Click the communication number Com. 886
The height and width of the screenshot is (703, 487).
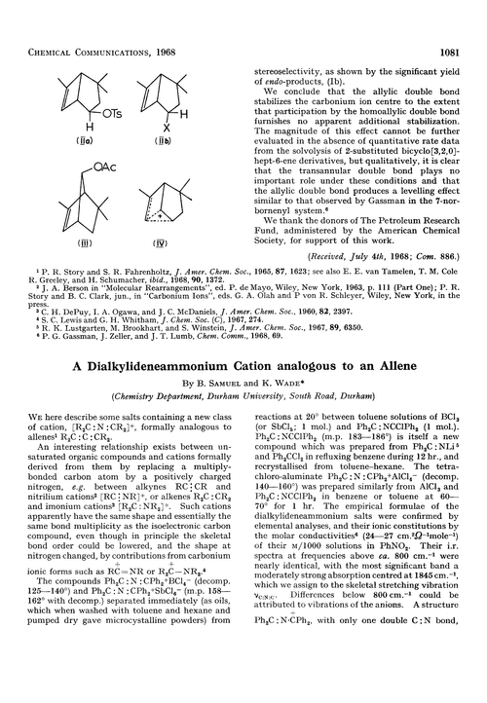point(431,253)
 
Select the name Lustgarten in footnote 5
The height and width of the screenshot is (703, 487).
point(64,327)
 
